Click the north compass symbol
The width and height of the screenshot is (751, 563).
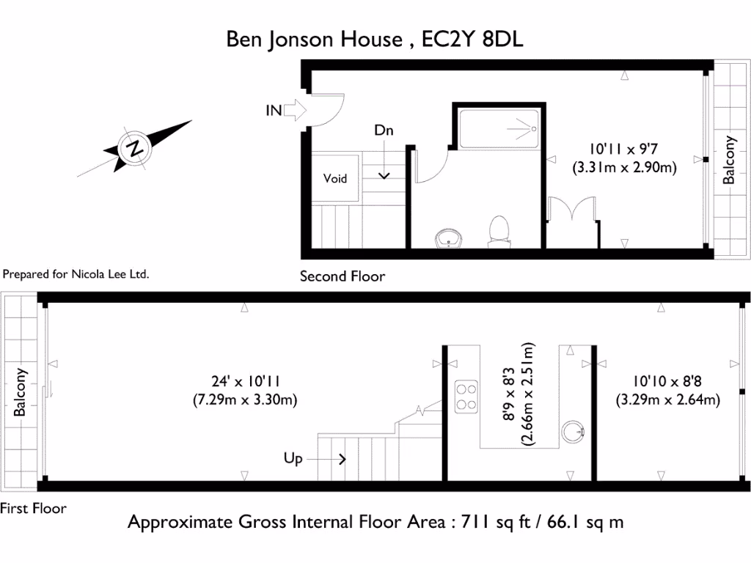pyautogui.click(x=134, y=148)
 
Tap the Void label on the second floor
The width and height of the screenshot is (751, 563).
pyautogui.click(x=335, y=178)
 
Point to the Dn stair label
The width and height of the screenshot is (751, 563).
pyautogui.click(x=384, y=131)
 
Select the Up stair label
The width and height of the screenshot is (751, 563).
pyautogui.click(x=293, y=459)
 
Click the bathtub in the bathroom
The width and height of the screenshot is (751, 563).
pyautogui.click(x=499, y=129)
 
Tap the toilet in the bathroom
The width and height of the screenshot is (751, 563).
pyautogui.click(x=499, y=229)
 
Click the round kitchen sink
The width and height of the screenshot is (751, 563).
pyautogui.click(x=573, y=433)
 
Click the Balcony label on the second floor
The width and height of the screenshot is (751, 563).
pyautogui.click(x=729, y=160)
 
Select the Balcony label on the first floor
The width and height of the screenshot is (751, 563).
pyautogui.click(x=21, y=392)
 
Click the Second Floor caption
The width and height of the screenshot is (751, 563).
pyautogui.click(x=342, y=276)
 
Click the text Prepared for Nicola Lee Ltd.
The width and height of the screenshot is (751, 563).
pyautogui.click(x=76, y=275)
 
